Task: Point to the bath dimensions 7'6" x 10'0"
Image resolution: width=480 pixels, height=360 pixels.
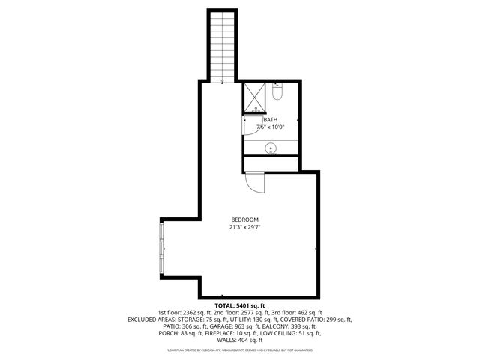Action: [270, 127]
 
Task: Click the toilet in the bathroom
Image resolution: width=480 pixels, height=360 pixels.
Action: [277, 93]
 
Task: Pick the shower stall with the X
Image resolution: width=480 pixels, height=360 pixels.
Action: [254, 97]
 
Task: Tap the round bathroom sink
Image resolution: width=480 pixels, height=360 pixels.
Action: [271, 148]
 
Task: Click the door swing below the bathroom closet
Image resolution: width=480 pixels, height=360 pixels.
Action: [255, 182]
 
